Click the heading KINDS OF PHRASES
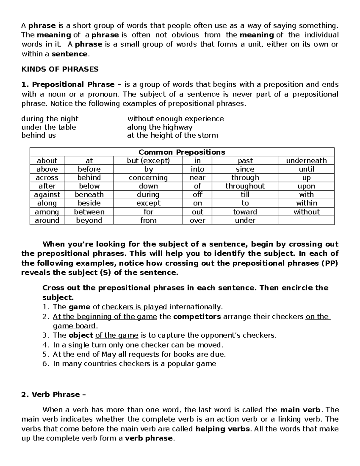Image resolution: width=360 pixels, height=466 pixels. (x=60, y=69)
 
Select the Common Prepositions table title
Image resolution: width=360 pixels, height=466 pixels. (x=182, y=152)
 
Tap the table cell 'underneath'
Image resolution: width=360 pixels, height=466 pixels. (x=306, y=161)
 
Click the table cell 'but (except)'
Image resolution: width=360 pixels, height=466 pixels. (x=148, y=161)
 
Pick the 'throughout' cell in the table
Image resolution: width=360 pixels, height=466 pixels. (x=245, y=186)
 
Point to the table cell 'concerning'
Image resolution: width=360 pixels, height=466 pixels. (x=148, y=178)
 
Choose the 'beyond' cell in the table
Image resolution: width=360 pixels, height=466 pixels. (x=89, y=220)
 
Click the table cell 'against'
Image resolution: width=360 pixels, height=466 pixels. (x=47, y=194)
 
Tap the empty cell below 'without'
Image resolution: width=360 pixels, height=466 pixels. (x=306, y=220)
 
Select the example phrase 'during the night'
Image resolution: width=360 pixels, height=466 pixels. (x=50, y=119)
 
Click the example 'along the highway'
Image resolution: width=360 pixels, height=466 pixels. (x=160, y=127)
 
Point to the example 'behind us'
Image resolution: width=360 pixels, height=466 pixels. (x=39, y=135)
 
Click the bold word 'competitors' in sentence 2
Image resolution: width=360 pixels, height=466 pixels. (x=197, y=317)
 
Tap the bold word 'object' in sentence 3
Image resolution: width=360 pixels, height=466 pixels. (x=81, y=335)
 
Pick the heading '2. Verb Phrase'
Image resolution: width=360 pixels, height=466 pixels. (x=53, y=395)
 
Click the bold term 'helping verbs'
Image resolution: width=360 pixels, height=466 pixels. (x=222, y=429)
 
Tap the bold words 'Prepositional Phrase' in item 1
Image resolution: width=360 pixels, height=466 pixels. (x=73, y=85)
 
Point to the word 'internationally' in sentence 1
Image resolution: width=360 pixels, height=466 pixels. (x=196, y=307)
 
